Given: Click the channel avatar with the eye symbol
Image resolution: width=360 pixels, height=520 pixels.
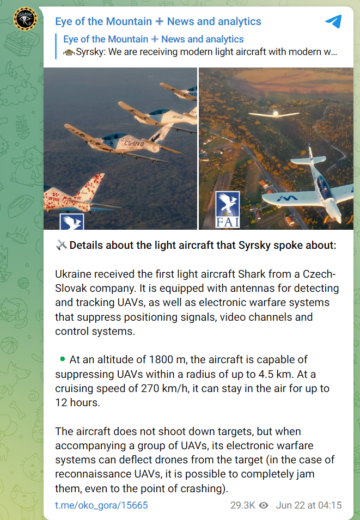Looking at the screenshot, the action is click(x=25, y=19).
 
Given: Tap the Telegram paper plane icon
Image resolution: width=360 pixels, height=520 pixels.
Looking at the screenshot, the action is click(x=333, y=21).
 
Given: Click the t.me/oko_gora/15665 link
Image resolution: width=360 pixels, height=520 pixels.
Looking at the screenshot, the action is click(x=101, y=505).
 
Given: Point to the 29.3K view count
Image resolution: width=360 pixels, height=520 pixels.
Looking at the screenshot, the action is click(x=242, y=505).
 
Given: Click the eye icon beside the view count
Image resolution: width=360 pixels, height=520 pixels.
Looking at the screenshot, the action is click(x=264, y=505).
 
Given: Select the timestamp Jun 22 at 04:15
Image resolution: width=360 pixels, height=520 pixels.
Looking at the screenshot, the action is click(x=309, y=505).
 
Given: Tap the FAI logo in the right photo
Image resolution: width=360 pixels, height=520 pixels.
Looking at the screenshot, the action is click(x=228, y=210).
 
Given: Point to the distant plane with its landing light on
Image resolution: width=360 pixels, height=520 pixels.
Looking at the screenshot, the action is click(x=274, y=114).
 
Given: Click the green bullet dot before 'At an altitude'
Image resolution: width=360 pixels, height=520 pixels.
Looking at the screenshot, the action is click(x=63, y=359).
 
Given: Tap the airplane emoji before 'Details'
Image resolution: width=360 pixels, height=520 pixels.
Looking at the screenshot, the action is click(x=61, y=246).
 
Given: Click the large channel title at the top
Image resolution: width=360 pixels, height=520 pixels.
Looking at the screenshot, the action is click(x=158, y=21).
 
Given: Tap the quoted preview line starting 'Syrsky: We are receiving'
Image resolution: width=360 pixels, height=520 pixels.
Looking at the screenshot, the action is click(x=200, y=52).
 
